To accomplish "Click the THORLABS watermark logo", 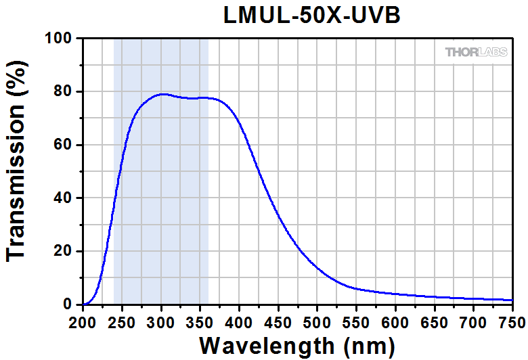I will [476, 52].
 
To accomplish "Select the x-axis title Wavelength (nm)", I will [297, 345].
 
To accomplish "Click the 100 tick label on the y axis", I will [60, 39].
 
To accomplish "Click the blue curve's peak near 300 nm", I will [162, 94].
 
